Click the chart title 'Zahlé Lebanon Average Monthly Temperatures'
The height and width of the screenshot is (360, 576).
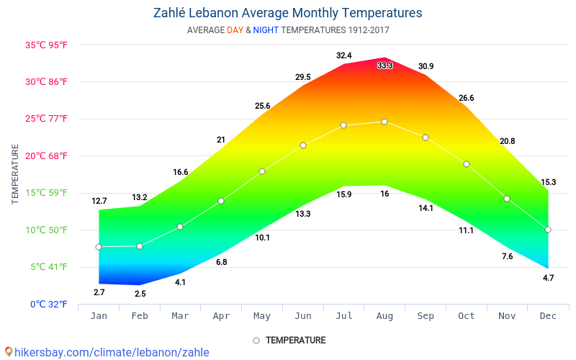[x=288, y=13]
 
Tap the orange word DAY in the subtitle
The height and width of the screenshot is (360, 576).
[x=235, y=30]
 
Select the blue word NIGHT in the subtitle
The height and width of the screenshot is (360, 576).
[x=266, y=30]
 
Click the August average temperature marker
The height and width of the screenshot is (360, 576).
[x=384, y=122]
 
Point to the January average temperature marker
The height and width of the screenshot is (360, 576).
[x=99, y=247]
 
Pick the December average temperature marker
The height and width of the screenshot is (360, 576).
[x=548, y=230]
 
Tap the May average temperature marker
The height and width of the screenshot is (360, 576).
[x=262, y=171]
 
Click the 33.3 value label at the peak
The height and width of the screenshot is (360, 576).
[x=384, y=66]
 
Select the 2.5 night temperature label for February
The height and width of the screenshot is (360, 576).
[x=140, y=294]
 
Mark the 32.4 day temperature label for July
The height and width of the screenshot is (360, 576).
[x=343, y=55]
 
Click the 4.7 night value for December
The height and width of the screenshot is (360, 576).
[x=548, y=278]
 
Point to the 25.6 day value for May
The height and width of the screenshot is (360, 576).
[x=262, y=106]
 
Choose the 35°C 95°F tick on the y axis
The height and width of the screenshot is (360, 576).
[x=46, y=45]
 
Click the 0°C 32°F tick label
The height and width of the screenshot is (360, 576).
[x=48, y=304]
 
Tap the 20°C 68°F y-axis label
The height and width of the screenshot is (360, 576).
[x=46, y=156]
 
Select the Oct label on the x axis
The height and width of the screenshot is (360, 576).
[x=467, y=316]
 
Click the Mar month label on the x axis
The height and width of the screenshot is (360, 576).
[x=181, y=316]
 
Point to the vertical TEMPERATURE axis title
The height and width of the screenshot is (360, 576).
[x=15, y=174]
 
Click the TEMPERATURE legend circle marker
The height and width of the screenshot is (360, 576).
[x=256, y=341]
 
